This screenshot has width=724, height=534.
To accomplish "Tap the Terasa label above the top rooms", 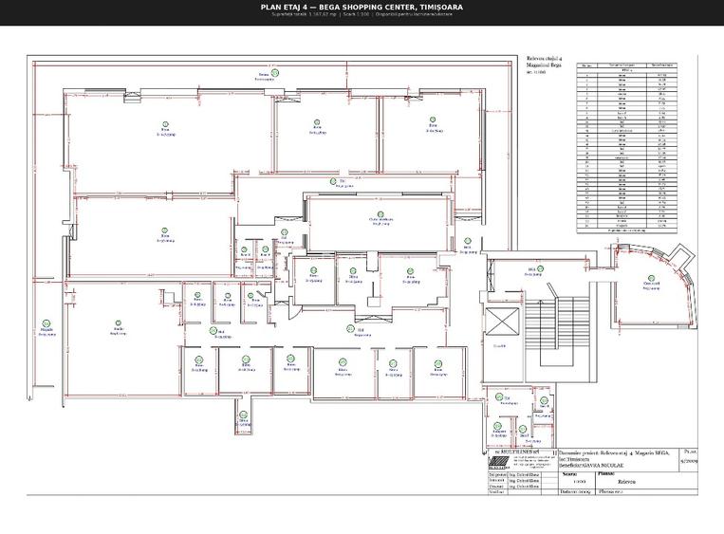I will click(264, 75).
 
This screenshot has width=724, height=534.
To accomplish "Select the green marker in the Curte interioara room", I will click(381, 214).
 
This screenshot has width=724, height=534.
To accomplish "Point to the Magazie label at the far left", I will click(45, 329).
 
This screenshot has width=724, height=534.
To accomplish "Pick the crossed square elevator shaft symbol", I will click(500, 322).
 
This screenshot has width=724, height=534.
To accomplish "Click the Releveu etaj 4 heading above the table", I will click(544, 59).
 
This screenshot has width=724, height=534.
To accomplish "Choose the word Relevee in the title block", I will click(631, 482).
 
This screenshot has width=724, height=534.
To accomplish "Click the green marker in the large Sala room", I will click(120, 322).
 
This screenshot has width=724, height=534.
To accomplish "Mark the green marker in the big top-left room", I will click(165, 124).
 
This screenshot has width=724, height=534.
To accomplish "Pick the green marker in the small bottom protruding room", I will click(243, 414).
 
